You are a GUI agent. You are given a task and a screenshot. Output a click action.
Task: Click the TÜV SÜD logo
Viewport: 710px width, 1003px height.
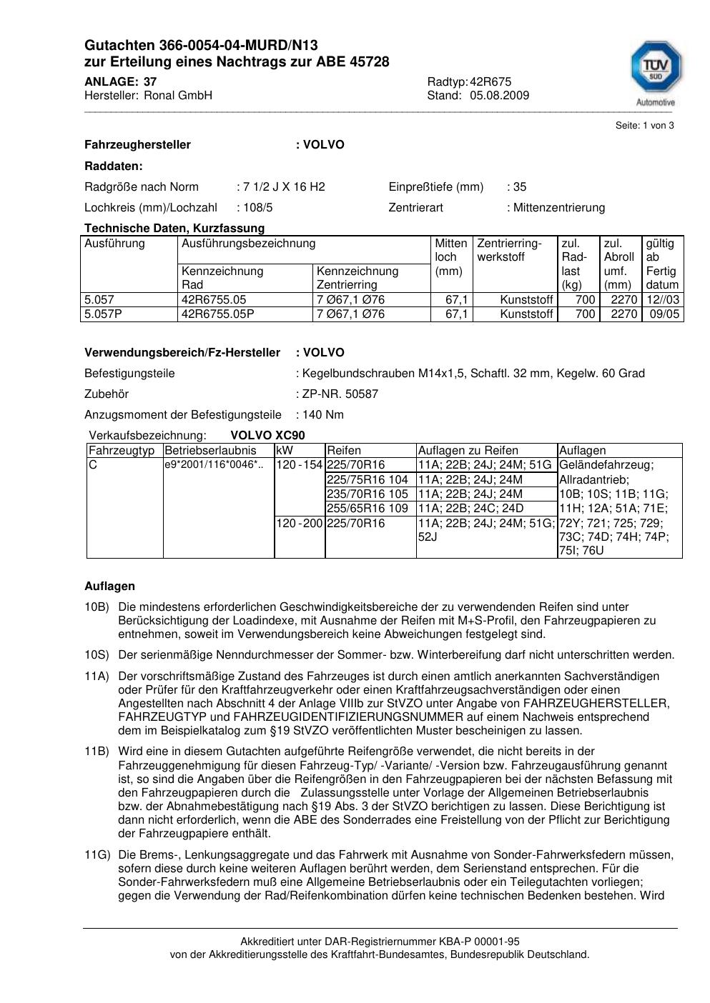655,70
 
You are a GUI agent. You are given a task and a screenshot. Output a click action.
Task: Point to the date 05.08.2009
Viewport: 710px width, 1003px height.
499,96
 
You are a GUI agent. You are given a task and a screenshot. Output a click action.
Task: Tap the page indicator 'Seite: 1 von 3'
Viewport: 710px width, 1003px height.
644,126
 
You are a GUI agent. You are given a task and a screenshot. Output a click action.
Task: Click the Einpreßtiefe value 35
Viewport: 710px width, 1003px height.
519,187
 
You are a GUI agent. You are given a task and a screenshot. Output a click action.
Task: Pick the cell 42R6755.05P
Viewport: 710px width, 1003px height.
217,314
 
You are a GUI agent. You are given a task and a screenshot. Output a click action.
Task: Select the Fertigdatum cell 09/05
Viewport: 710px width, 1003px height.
663,314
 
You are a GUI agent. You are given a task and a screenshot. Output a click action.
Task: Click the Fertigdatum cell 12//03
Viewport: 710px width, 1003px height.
663,300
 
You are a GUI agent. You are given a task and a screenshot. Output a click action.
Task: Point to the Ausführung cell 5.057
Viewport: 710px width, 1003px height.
99,300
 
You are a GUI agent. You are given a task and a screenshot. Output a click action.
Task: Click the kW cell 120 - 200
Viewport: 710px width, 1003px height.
300,523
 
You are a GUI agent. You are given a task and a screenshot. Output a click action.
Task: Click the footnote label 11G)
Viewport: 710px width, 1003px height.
97,854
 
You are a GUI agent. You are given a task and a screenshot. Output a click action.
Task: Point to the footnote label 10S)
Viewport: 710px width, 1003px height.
97,655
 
